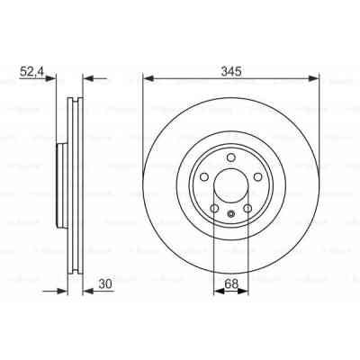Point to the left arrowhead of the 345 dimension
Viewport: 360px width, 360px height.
coord(148,77)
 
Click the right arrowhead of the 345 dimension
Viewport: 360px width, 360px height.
coord(315,77)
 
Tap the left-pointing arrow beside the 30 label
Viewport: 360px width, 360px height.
coord(88,290)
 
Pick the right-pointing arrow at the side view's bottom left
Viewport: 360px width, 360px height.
coord(63,290)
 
